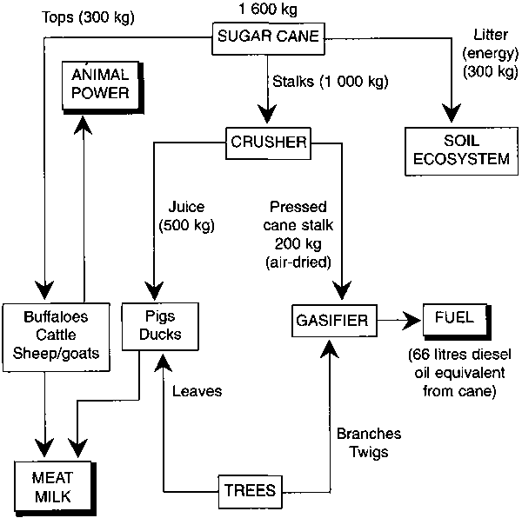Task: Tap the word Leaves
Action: tap(197, 390)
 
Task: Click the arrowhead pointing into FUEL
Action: tap(415, 321)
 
